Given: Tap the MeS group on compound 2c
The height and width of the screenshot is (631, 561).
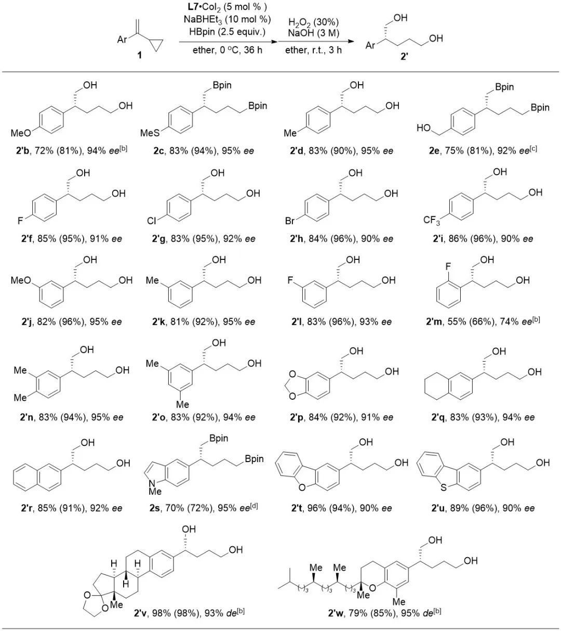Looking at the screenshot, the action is pos(150,133).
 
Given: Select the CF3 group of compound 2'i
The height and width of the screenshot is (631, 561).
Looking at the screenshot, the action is pos(432,221).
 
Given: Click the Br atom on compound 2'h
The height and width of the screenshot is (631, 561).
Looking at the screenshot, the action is pos(289,221).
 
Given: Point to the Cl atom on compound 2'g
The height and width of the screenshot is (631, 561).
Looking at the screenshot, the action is pos(151,221).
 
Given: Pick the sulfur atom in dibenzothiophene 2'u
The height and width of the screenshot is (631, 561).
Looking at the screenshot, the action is pos(443,487).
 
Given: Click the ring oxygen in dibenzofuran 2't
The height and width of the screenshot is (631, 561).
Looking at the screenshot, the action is pos(302,487).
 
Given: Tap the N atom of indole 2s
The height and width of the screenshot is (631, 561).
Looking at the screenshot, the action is pos(152,483).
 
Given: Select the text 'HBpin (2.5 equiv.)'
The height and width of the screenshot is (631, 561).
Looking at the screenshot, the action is pos(228,32).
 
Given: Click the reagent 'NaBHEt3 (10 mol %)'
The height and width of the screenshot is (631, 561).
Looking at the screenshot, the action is pos(228,19).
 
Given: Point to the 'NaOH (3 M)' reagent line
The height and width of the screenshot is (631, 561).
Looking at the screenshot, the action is pos(314,33).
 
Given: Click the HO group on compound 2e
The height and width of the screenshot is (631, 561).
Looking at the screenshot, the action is pos(423,128).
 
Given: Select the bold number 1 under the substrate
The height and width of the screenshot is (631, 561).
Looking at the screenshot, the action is pos(140,55).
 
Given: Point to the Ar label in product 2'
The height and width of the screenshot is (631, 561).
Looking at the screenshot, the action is pos(370,45).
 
